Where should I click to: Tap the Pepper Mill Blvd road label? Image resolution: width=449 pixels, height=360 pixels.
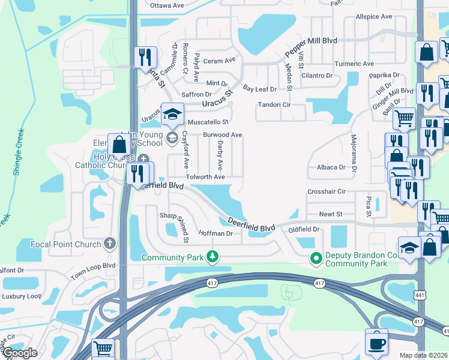point(311,47)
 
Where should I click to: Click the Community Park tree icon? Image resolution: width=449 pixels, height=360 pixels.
point(212,257)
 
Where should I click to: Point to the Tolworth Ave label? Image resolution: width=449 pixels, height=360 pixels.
point(205,177)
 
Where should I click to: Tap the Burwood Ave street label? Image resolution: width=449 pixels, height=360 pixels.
point(223,135)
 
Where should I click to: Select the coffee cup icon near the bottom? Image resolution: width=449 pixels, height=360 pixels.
point(376,343)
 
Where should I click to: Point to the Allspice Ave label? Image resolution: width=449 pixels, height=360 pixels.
point(373,17)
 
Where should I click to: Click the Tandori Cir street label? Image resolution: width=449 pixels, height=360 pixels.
point(274,105)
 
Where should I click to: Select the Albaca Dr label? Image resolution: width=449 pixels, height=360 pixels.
point(331,167)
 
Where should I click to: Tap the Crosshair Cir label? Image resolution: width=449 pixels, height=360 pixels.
point(327,191)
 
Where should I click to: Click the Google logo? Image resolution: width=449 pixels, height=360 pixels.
point(20,353)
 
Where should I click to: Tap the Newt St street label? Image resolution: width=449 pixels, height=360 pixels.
point(331,214)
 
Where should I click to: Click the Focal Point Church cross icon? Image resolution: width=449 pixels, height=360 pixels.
point(109,244)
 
